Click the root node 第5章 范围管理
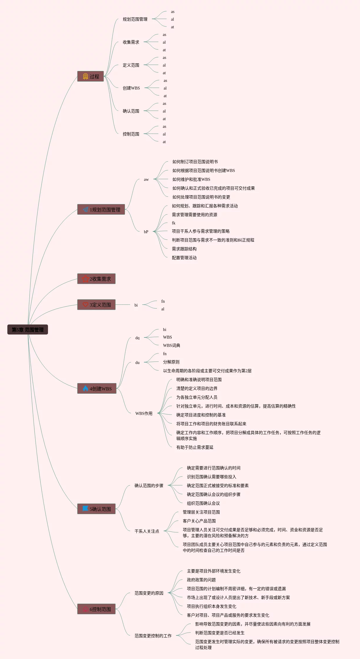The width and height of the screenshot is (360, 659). coord(28,329)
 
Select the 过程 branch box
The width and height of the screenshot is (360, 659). coord(90,76)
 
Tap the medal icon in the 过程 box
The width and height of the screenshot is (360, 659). coord(85,76)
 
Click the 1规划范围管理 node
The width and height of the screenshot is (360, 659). coord(101,209)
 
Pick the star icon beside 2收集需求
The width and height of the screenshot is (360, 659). coord(85,279)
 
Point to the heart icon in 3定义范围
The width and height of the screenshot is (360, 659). coord(85,304)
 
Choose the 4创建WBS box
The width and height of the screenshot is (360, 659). coord(97,388)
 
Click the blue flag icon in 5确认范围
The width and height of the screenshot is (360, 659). coord(85,509)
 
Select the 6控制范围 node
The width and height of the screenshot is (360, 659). coord(96,609)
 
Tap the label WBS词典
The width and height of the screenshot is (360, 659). coord(172,345)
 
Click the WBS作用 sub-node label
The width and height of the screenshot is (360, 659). coord(144,413)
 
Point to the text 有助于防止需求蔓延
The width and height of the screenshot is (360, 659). coord(195,447)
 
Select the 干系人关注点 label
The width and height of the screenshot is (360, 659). coord(147,531)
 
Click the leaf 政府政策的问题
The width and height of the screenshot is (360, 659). coord(201,580)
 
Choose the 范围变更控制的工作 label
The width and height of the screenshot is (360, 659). coord(153,636)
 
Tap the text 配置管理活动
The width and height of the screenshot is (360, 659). coord(184,258)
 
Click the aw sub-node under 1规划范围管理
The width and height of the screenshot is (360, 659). coord(146,179)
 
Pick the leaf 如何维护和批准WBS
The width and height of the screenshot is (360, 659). coord(191,179)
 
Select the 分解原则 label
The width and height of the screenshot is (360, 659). coord(171,362)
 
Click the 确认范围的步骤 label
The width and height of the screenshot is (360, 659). coord(149,486)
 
